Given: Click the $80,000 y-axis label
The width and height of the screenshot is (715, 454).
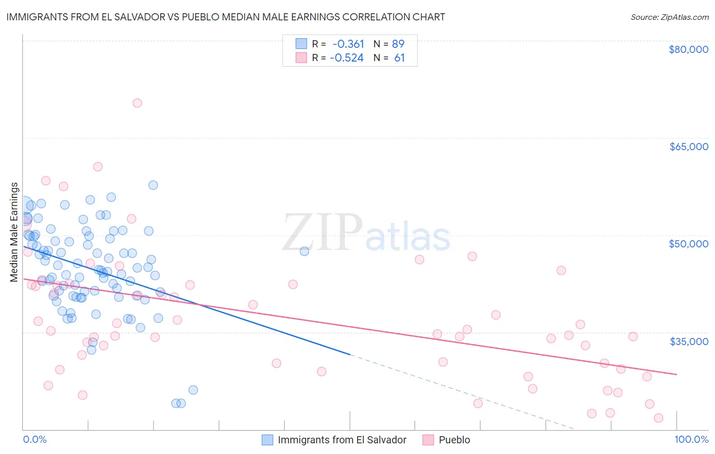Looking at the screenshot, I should [688, 49].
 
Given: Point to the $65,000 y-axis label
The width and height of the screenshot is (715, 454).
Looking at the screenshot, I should [688, 147].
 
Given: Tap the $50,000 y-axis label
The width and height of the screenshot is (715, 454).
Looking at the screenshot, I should [688, 244].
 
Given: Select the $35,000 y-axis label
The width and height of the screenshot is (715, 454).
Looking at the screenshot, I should [688, 341].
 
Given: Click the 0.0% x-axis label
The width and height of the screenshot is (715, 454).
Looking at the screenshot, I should [35, 439].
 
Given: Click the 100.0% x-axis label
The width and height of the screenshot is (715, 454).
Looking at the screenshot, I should [691, 439].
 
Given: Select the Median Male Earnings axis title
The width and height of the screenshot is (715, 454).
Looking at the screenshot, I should [14, 232].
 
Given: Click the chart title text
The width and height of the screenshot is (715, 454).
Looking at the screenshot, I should [225, 17].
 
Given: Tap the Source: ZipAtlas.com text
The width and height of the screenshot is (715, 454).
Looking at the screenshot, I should [669, 17].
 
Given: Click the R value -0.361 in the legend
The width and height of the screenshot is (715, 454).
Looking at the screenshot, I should [348, 44].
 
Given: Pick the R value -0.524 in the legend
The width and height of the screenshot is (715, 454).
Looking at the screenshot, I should [347, 58].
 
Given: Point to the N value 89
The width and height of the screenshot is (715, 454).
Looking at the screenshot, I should [398, 44].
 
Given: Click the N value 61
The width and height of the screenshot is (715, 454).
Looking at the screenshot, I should [399, 58].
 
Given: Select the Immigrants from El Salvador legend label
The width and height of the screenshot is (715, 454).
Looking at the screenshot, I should [342, 440].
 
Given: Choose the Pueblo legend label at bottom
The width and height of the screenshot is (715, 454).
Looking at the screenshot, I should [454, 440].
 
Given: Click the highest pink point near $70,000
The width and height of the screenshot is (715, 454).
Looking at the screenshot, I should [137, 103].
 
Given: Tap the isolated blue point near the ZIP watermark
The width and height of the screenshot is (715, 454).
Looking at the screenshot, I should [304, 251].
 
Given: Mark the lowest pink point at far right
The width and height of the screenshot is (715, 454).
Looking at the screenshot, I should [658, 418].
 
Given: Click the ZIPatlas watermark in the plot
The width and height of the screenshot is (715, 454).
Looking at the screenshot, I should [366, 233].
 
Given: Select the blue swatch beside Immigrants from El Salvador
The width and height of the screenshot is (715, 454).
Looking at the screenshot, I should [267, 440].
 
